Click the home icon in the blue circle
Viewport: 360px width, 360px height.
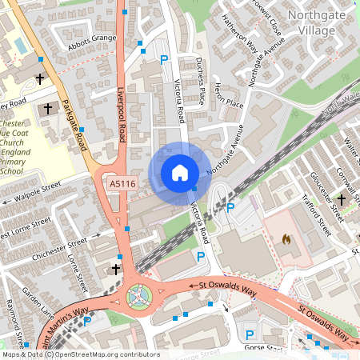179,173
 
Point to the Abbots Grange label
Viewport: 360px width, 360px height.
94,38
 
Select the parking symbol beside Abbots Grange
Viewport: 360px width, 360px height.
164,59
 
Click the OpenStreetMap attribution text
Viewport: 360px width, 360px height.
80,354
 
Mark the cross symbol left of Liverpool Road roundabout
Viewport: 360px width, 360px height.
116,270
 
